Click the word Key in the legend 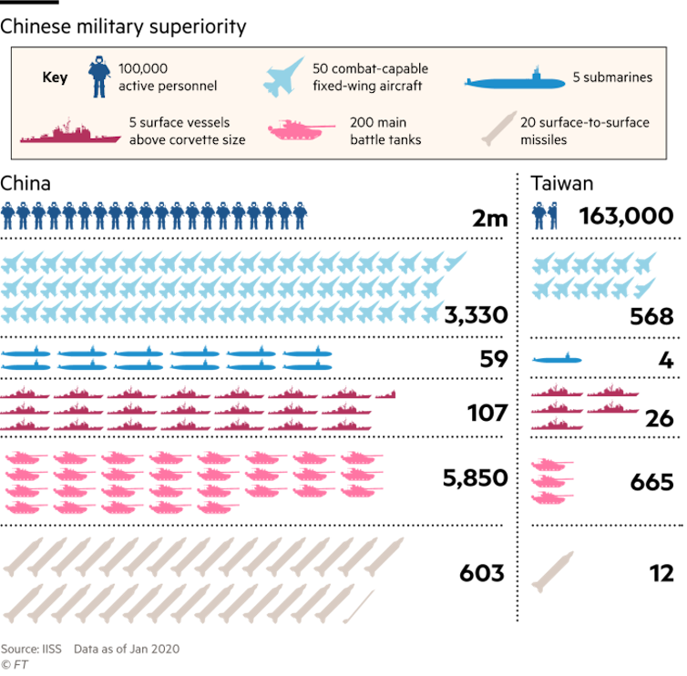pos(55,77)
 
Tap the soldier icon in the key pos(97,77)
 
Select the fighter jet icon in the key pos(283,77)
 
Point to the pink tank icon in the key pos(300,131)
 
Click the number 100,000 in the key pos(143,69)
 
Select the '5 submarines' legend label pos(612,77)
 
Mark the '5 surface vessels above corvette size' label pos(187,131)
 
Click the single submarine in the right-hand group pos(556,358)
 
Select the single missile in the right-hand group pos(552,571)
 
